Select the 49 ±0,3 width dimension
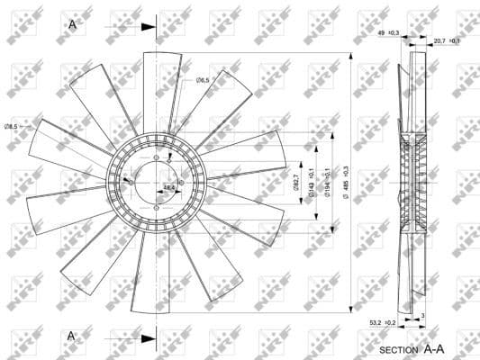388,33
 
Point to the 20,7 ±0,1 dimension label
447,40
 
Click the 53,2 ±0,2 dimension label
383,321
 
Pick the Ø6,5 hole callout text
203,81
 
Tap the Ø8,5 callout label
12,126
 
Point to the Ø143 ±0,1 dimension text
312,183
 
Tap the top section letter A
72,24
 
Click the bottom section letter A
72,336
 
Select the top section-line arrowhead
149,26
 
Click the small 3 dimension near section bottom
423,316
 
